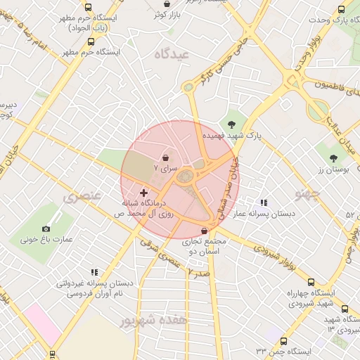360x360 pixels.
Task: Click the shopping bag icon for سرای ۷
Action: (165, 157)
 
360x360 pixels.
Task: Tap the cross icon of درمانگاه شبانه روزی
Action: (143, 192)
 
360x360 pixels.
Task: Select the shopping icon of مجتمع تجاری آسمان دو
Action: (204, 231)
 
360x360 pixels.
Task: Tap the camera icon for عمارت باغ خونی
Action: (46, 229)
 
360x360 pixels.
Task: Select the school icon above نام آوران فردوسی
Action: (94, 272)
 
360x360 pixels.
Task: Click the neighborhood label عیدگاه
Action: (174, 54)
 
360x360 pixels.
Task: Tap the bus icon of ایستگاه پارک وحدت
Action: (341, 10)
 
